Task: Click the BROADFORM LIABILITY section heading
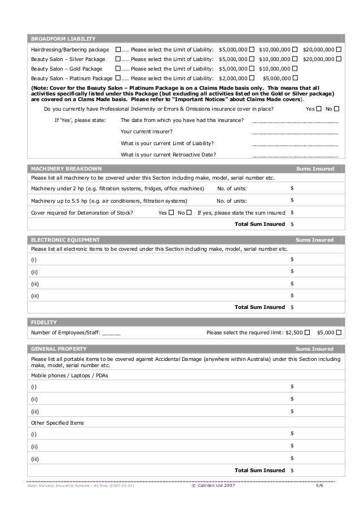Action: [63, 39]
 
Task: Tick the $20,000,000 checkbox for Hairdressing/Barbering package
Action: [339, 50]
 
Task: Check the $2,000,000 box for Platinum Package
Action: [251, 79]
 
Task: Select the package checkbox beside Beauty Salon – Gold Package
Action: [117, 69]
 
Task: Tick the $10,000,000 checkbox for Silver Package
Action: [295, 59]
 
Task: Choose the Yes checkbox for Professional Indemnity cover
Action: [319, 108]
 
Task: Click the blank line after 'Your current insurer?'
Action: [295, 133]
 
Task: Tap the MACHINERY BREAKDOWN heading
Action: [66, 169]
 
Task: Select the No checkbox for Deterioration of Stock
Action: [188, 213]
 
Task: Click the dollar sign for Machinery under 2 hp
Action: [292, 188]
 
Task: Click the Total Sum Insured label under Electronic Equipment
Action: [260, 307]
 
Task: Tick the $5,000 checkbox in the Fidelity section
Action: [339, 333]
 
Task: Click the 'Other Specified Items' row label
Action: [56, 423]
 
